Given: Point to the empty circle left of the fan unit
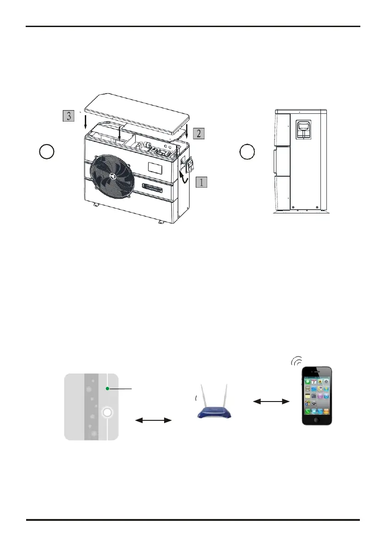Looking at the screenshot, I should pos(47,151).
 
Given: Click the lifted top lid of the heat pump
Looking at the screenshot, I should pos(138,112).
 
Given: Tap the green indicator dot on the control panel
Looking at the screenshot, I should pos(107,389).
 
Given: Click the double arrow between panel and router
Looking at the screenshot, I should pos(154,419).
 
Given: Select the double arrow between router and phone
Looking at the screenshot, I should pos(272,402).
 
